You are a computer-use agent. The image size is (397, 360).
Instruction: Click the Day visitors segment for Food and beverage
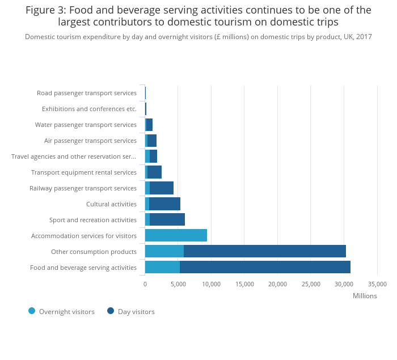[x=265, y=267]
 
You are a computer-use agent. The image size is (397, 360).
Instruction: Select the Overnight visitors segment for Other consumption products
[x=164, y=251]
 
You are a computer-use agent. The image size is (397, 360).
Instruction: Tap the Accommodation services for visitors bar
[x=176, y=235]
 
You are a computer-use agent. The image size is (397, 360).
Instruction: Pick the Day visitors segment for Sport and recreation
[x=167, y=219]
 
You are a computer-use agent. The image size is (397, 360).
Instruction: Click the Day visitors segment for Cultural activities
[x=164, y=204]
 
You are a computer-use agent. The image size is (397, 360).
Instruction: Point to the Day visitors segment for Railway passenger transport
[x=162, y=188]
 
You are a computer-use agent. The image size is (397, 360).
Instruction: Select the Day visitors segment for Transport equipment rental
[x=154, y=172]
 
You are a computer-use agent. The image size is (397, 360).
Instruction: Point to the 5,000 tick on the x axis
[x=178, y=284]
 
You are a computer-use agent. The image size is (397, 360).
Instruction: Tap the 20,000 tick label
[x=277, y=284]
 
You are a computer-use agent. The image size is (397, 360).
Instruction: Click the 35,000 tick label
[x=377, y=284]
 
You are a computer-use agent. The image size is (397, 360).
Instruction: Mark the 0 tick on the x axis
[x=145, y=284]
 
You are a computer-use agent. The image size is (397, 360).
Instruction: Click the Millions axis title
[x=365, y=295]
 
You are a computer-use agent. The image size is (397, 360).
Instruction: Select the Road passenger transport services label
[x=87, y=93]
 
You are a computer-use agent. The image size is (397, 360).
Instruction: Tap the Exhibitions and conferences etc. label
[x=89, y=109]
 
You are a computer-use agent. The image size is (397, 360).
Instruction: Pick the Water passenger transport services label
[x=86, y=125]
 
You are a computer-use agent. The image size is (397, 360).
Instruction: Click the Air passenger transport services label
[x=90, y=141]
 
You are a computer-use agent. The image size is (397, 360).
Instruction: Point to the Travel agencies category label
[x=74, y=156]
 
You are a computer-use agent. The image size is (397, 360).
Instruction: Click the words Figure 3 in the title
[x=45, y=10]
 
